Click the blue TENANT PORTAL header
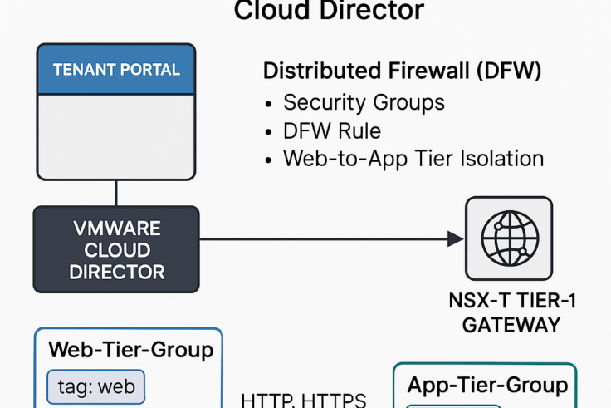116,70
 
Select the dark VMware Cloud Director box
116,249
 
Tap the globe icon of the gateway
509,238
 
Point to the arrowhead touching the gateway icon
456,239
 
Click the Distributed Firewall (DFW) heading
403,71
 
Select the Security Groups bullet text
364,102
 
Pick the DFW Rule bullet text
332,130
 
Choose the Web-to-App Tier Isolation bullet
413,158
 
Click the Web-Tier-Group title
131,349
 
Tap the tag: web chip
96,386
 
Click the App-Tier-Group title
487,385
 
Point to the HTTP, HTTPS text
303,400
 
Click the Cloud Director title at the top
329,11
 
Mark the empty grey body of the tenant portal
116,136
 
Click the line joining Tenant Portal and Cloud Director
116,193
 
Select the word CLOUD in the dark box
116,249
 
